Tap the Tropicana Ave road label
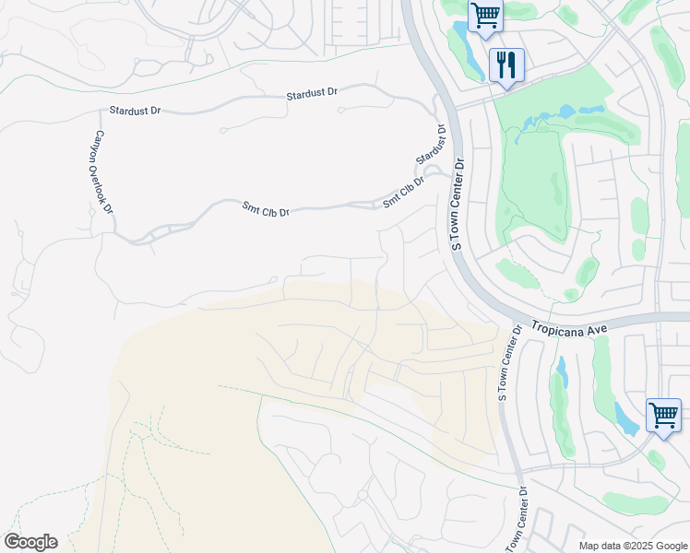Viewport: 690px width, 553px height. [x=564, y=328]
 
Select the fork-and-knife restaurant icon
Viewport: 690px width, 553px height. [x=506, y=65]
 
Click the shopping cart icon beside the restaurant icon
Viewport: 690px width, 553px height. [x=484, y=17]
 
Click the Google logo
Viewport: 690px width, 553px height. [x=30, y=542]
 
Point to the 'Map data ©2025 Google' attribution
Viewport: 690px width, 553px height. [x=631, y=546]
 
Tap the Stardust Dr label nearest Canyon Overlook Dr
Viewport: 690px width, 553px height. [x=135, y=111]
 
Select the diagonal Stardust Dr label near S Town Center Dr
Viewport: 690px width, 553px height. [x=432, y=145]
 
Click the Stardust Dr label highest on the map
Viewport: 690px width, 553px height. [x=312, y=94]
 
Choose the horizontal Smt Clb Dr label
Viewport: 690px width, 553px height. [x=266, y=211]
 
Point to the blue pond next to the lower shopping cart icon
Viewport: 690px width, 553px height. [x=625, y=419]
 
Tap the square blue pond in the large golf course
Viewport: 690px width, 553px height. [x=565, y=112]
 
